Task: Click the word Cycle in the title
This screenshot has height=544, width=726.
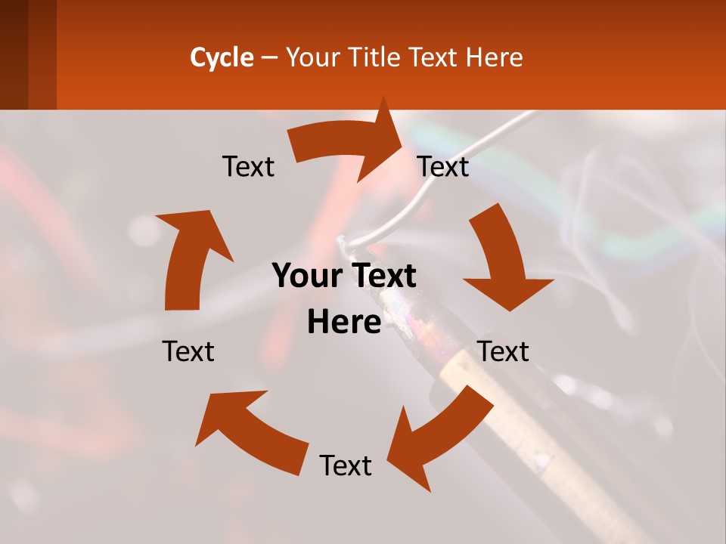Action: click(x=222, y=57)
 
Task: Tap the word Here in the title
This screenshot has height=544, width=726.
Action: click(x=495, y=57)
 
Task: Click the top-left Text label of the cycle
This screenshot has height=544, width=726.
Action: click(x=248, y=167)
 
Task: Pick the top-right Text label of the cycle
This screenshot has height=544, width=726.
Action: click(x=443, y=167)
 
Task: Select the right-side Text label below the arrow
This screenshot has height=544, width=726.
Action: click(x=504, y=351)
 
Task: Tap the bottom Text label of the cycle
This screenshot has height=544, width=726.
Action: click(x=346, y=465)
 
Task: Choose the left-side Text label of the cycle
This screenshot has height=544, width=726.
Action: click(x=188, y=351)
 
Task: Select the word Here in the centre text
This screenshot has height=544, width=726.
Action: click(x=344, y=323)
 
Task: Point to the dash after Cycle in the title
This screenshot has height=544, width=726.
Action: click(x=269, y=57)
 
